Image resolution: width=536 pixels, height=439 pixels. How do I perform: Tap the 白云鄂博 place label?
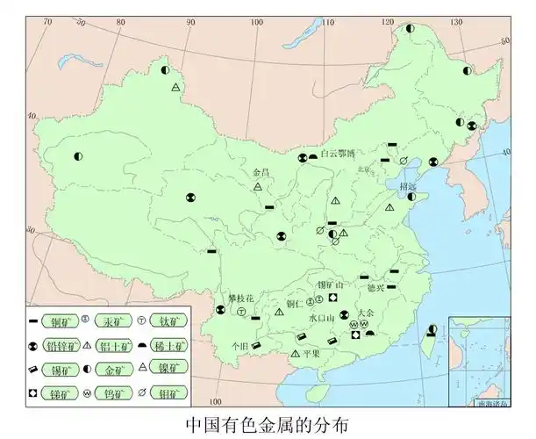pyautogui.click(x=338, y=153)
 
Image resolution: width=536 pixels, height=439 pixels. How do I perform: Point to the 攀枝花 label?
pyautogui.click(x=240, y=299)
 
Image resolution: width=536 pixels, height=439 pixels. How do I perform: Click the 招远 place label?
pyautogui.click(x=408, y=186)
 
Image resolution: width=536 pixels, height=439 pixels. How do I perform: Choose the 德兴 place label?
pyautogui.click(x=375, y=287)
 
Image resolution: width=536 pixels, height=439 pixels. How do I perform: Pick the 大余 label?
pyautogui.click(x=365, y=313)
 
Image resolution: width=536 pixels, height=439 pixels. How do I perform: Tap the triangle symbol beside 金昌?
pyautogui.click(x=258, y=187)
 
